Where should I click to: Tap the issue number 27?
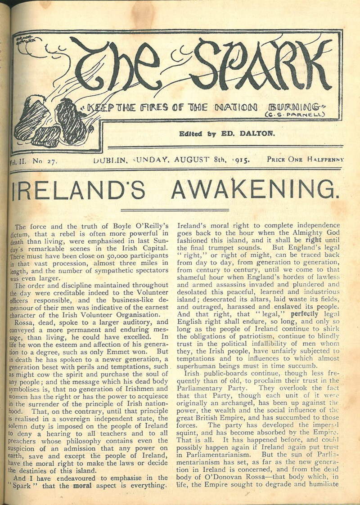(x=48, y=160)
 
